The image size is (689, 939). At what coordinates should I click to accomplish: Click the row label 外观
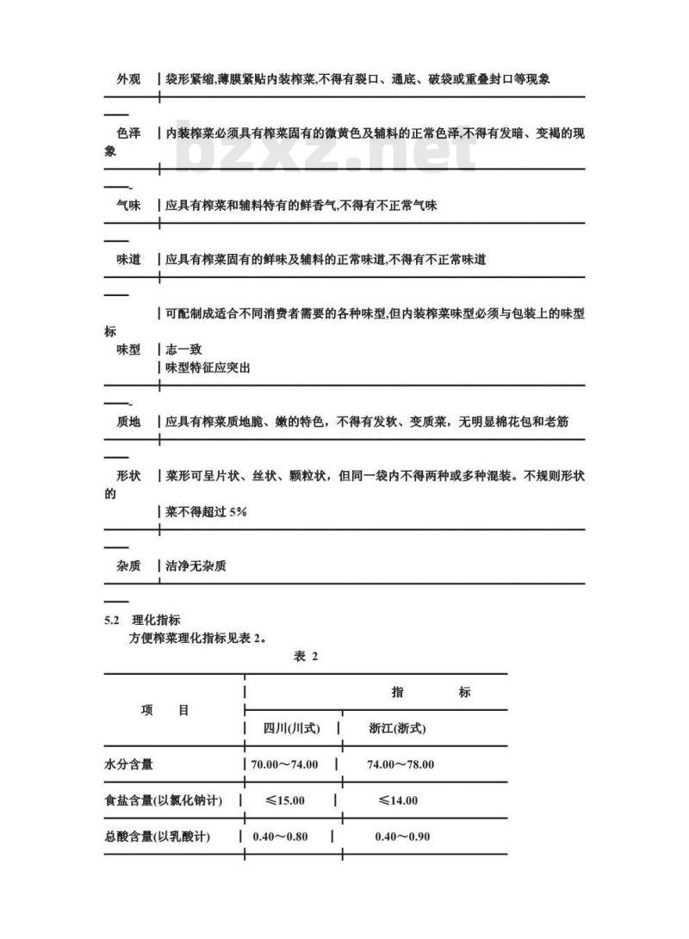pyautogui.click(x=128, y=79)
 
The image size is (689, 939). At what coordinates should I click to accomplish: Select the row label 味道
pyautogui.click(x=128, y=259)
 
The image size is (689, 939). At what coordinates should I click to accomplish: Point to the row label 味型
pyautogui.click(x=128, y=350)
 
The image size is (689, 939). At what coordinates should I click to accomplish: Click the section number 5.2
pyautogui.click(x=110, y=620)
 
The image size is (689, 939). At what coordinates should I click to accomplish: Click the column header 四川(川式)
pyautogui.click(x=291, y=728)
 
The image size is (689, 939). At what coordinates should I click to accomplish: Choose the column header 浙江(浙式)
pyautogui.click(x=397, y=728)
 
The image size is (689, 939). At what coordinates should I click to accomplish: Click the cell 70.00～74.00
pyautogui.click(x=285, y=764)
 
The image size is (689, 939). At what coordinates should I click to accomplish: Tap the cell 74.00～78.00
pyautogui.click(x=400, y=764)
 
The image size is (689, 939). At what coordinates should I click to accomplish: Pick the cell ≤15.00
pyautogui.click(x=284, y=800)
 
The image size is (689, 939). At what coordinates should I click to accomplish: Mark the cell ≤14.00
pyautogui.click(x=398, y=800)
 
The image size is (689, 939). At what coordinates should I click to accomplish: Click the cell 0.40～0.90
pyautogui.click(x=402, y=837)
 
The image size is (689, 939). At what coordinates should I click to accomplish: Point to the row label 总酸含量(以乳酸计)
pyautogui.click(x=157, y=837)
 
